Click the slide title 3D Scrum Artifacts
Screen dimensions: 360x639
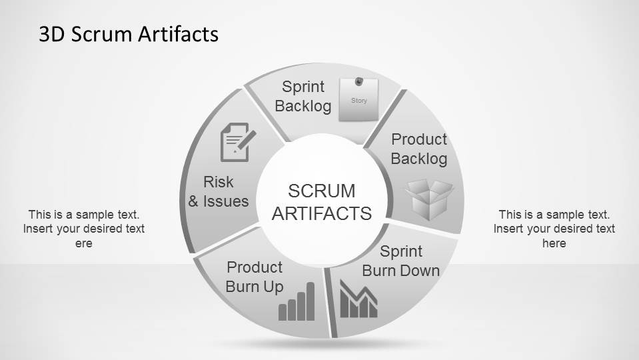[x=129, y=34]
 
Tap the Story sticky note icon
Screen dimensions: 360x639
[x=358, y=101]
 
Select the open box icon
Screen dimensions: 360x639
[x=429, y=199]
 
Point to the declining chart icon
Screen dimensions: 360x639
[x=358, y=299]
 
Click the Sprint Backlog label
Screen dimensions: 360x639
[x=303, y=96]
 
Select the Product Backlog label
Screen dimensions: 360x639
[x=419, y=149]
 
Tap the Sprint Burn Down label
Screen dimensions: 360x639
[x=401, y=261]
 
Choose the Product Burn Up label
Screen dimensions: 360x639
[x=255, y=277]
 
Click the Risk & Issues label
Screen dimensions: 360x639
[x=219, y=191]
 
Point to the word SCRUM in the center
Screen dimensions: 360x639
[x=322, y=191]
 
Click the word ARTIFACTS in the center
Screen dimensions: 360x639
[x=322, y=213]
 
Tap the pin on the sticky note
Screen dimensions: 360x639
[x=359, y=82]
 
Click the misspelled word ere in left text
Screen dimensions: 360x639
[x=84, y=243]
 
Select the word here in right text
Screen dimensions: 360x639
[x=554, y=243]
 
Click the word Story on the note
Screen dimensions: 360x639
[x=359, y=101]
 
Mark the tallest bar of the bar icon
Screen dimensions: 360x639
[x=310, y=301]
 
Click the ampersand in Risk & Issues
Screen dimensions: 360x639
[x=194, y=201]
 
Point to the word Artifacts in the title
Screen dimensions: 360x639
[x=178, y=34]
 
